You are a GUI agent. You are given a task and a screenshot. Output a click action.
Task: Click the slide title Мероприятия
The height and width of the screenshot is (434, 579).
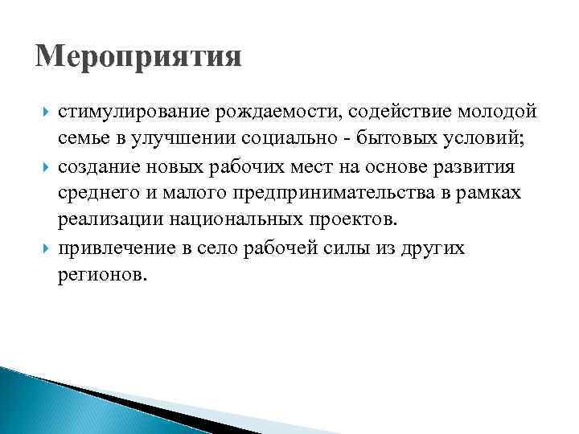[138, 59]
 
